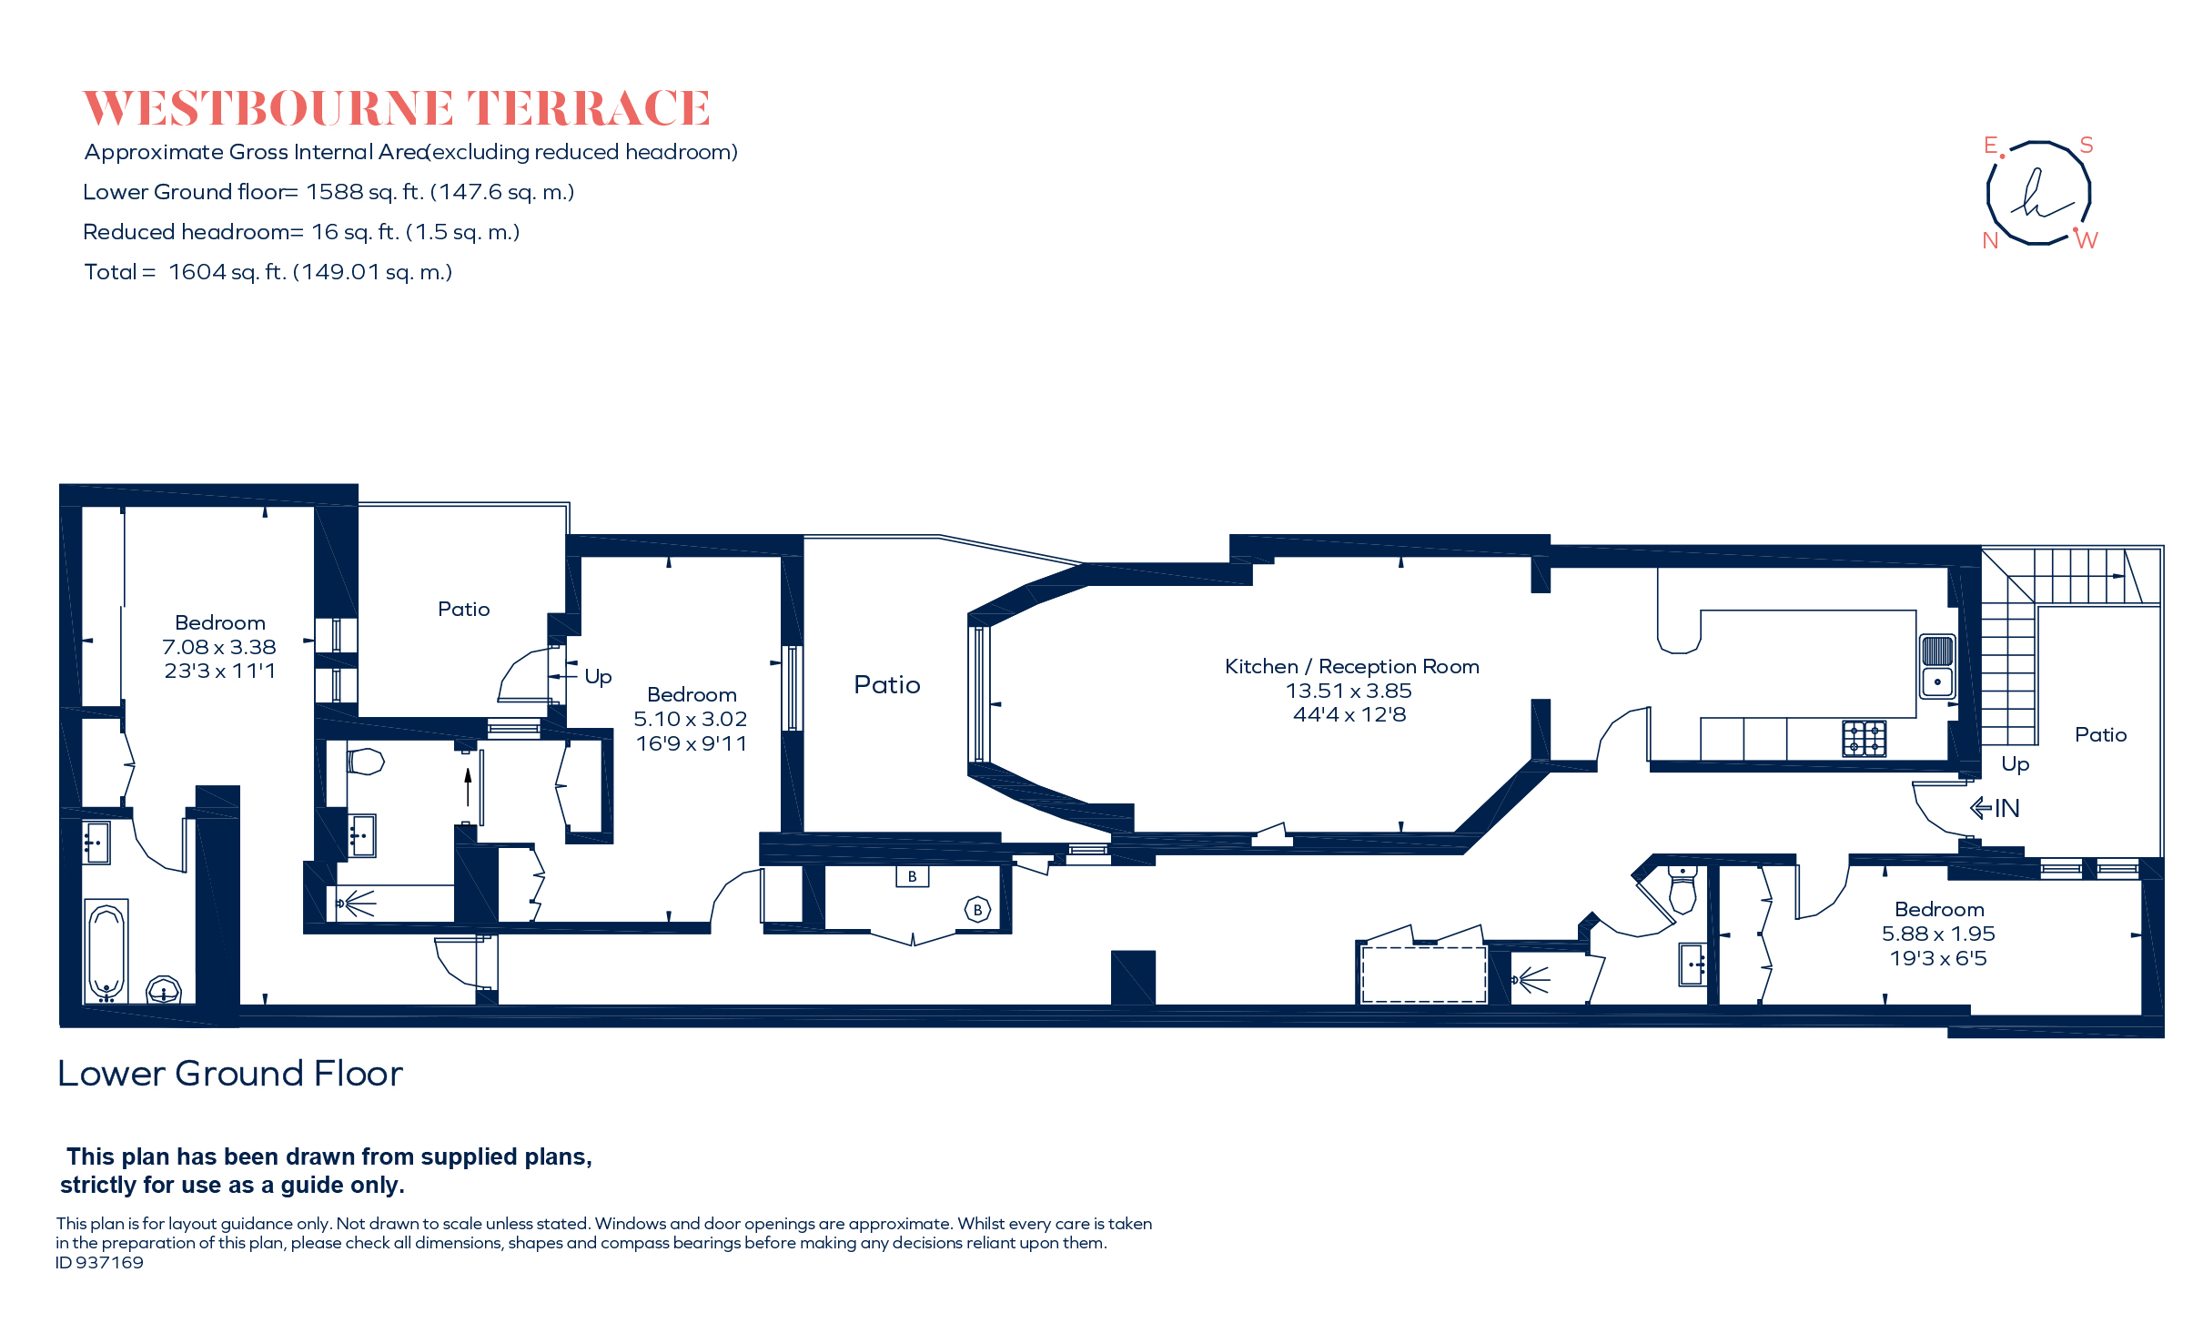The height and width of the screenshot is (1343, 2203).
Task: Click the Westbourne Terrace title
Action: [396, 108]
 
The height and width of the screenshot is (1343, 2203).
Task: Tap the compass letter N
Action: [1990, 240]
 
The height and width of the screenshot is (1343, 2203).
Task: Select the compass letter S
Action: [2087, 146]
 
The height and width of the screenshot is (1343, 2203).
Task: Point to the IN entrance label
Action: [2006, 808]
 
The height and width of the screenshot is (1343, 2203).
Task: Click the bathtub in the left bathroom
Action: [106, 951]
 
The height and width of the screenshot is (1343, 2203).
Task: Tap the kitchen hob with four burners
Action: [1864, 739]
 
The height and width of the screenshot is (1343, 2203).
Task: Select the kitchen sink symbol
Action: [1937, 667]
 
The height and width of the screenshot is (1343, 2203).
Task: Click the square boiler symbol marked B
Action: [912, 877]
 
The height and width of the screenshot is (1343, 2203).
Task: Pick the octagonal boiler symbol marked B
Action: [977, 910]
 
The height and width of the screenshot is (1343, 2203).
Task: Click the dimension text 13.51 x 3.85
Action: [1349, 691]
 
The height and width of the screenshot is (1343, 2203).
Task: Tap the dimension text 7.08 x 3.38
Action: [218, 647]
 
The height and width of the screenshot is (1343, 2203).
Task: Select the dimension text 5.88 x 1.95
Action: [1938, 934]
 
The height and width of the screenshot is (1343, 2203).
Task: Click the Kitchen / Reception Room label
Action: [1351, 666]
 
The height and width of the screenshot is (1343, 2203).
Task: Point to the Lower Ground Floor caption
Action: [229, 1074]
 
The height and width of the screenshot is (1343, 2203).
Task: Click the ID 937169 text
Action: [99, 1263]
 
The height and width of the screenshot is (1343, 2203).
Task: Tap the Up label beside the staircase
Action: [2015, 764]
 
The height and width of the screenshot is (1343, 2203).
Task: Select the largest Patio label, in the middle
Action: [886, 684]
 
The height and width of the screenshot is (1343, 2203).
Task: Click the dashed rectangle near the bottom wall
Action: [1423, 974]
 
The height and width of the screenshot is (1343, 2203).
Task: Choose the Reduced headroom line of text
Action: [300, 232]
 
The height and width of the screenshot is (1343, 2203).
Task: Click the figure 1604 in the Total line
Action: [197, 272]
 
